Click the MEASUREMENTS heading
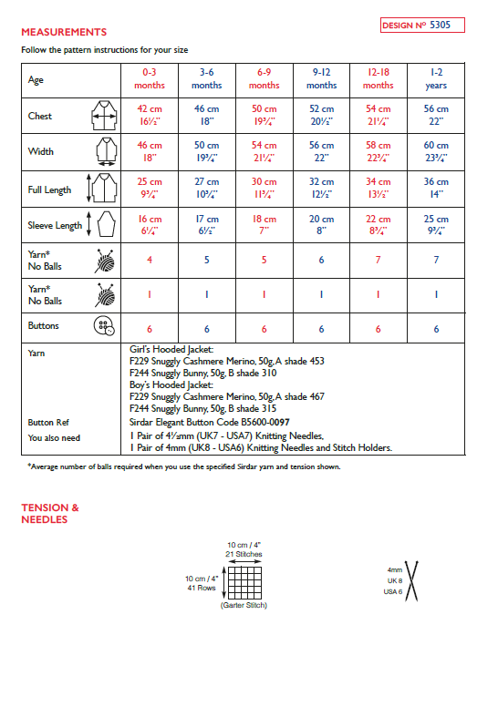pyautogui.click(x=64, y=32)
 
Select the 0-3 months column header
pyautogui.click(x=150, y=78)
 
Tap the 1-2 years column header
pyautogui.click(x=436, y=78)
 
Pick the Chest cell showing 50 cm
pyautogui.click(x=265, y=115)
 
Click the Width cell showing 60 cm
pyautogui.click(x=436, y=151)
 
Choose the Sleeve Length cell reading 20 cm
pyautogui.click(x=321, y=224)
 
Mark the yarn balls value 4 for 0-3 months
pyautogui.click(x=150, y=260)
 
